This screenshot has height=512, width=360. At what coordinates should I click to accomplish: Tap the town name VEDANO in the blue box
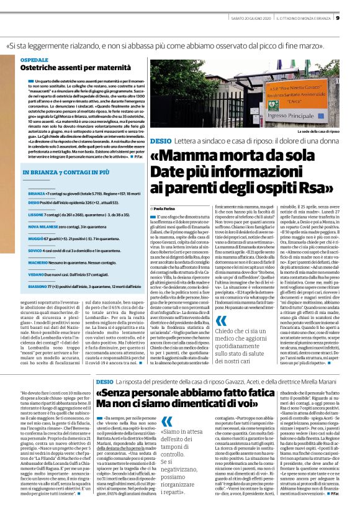[x=36, y=274]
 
